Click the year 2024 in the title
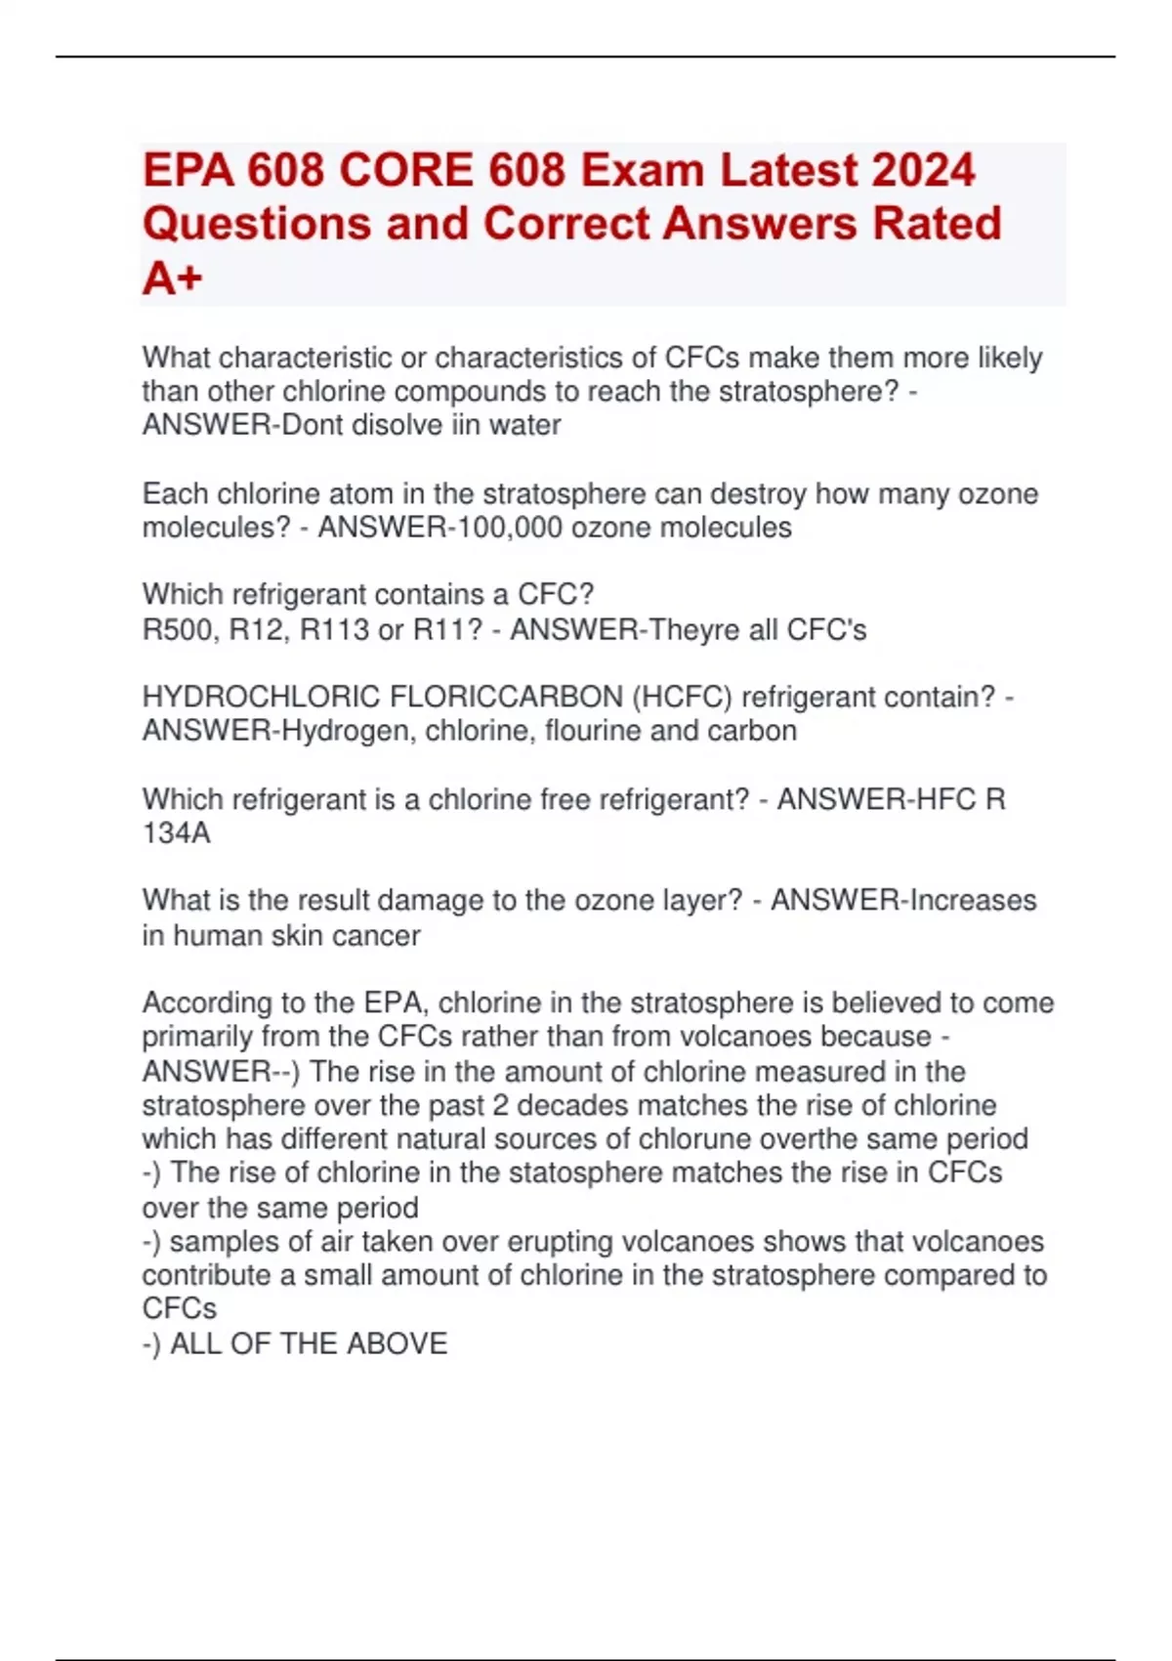point(923,170)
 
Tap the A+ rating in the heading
point(173,278)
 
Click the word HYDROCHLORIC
point(261,697)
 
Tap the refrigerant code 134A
point(176,833)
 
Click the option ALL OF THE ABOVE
point(309,1343)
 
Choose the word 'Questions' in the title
point(256,224)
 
